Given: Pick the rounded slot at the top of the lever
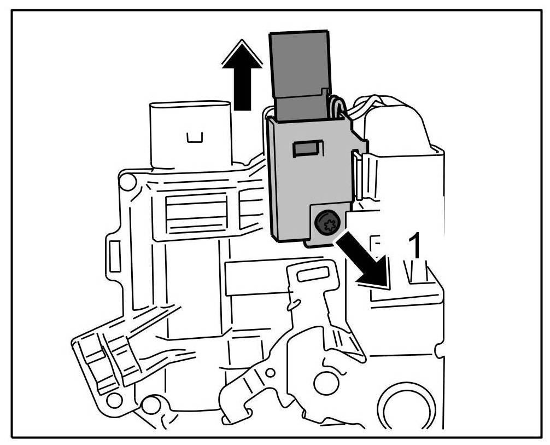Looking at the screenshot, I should [x=313, y=273].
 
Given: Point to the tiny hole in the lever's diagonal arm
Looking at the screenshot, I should [x=270, y=374].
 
